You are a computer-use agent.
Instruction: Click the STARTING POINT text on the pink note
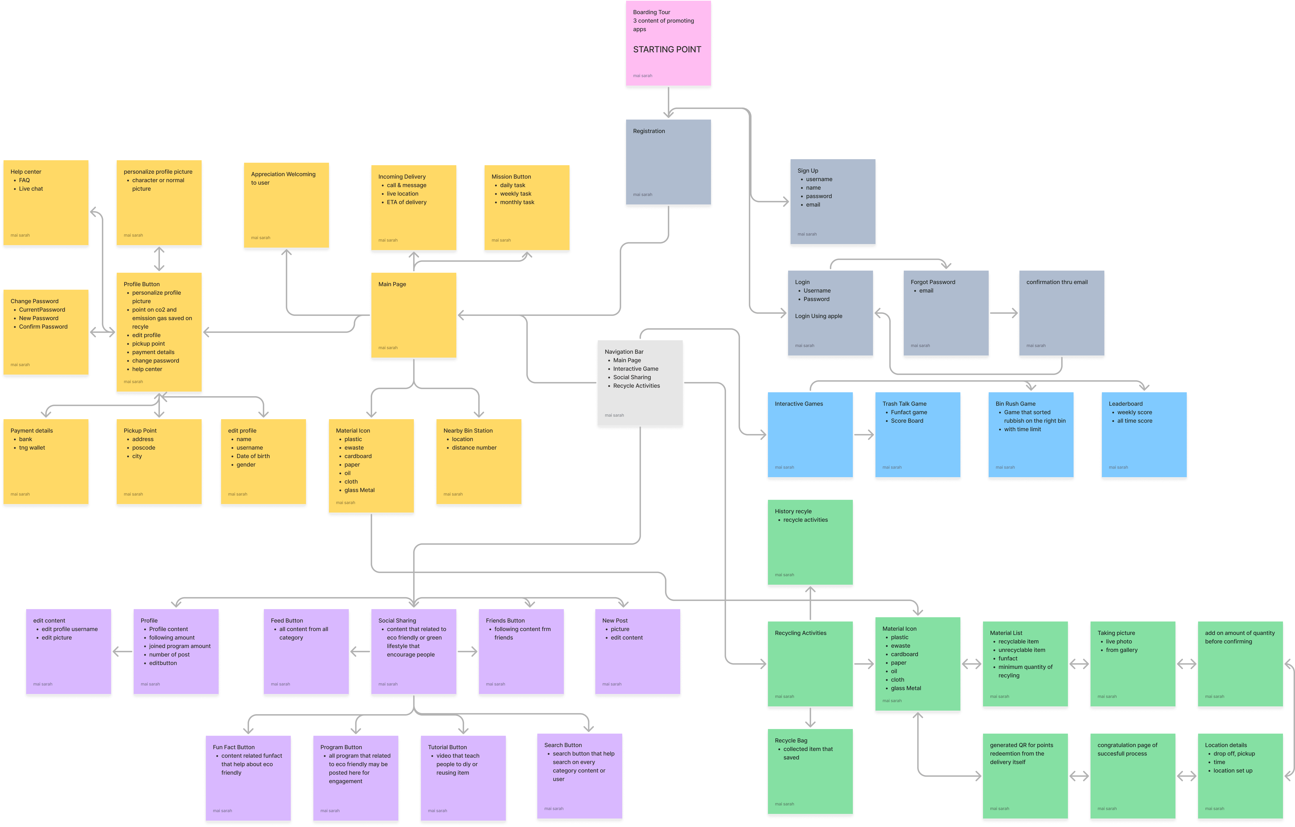coord(667,50)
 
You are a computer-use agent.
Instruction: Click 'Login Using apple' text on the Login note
coord(819,316)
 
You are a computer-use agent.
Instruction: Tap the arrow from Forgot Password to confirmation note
coord(1004,313)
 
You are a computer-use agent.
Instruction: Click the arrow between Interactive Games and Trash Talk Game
coord(864,435)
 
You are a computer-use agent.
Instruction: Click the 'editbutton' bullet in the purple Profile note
coord(163,663)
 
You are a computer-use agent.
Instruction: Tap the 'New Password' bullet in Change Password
coord(39,318)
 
